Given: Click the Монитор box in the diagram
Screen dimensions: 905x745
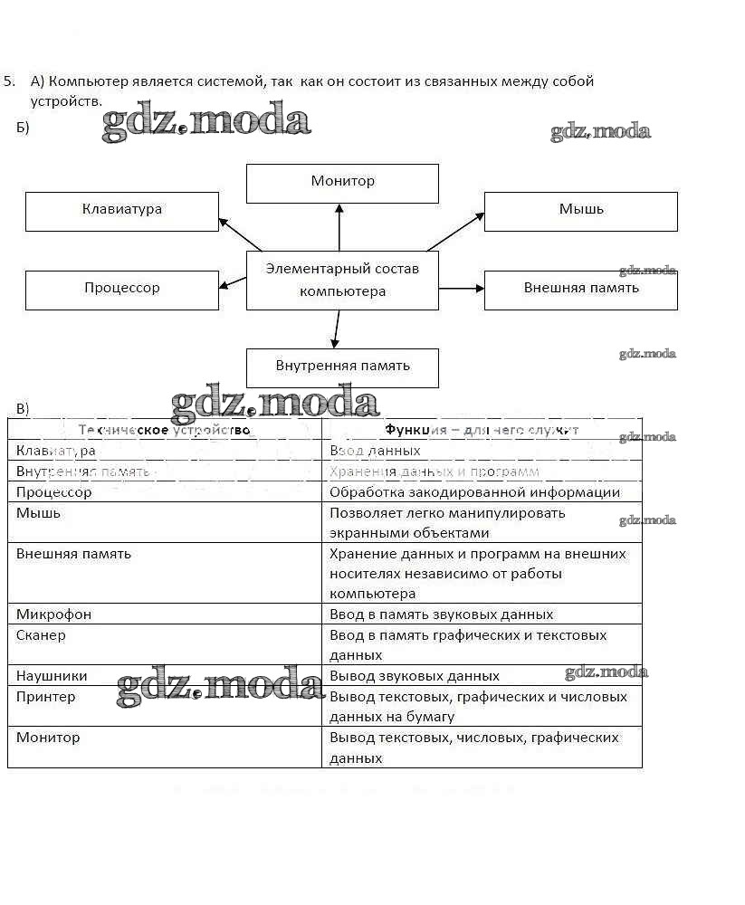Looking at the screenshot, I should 342,183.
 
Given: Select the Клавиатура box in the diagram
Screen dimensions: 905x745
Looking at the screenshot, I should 121,211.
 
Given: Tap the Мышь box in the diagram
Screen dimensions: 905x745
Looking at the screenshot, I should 580,211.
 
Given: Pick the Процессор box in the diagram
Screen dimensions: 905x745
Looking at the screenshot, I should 121,290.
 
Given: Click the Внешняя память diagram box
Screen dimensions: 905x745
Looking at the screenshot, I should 580,290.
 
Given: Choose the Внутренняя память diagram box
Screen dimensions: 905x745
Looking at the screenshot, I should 342,367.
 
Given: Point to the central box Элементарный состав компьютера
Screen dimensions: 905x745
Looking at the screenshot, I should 342,281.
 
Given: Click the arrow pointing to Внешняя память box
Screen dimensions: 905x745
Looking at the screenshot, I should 462,289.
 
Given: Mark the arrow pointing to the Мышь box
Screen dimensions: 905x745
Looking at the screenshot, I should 456,230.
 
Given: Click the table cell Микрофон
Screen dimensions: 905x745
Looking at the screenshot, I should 165,614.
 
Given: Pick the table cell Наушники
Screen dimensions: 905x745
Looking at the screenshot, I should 165,676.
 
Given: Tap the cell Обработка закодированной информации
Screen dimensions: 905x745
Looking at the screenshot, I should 482,492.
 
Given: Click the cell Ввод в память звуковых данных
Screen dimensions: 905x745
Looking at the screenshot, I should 482,614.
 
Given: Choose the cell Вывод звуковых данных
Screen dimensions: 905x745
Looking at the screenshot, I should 482,676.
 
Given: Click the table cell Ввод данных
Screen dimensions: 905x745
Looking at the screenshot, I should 482,450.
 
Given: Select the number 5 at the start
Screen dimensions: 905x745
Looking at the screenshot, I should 8,81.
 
